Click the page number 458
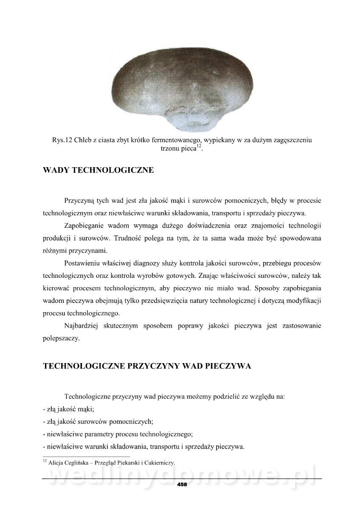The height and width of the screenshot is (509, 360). tap(182, 484)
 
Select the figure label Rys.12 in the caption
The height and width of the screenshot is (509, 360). tap(58, 140)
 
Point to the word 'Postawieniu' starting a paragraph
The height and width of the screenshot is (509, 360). tap(83, 263)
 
